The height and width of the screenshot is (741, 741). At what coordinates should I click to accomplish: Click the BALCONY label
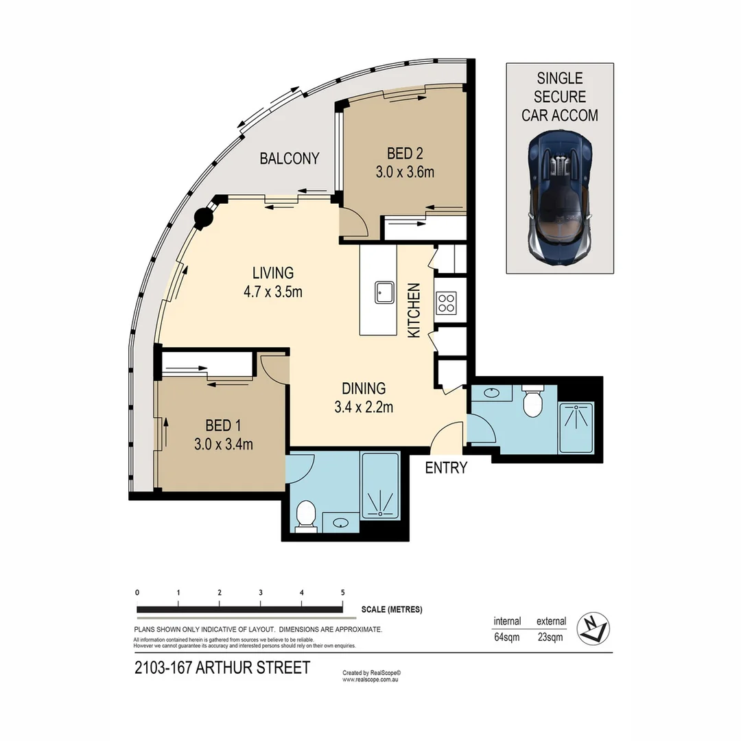(289, 158)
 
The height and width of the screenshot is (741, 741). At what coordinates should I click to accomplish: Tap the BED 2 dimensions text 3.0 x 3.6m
(405, 172)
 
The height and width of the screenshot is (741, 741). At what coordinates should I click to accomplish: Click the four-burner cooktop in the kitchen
(446, 303)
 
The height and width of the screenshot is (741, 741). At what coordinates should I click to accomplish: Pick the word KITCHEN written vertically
(414, 309)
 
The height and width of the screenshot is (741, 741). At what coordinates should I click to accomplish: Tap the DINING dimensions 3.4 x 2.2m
(363, 407)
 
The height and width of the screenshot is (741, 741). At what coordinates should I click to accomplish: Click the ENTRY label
(446, 468)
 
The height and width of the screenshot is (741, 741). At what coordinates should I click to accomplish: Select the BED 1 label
(224, 425)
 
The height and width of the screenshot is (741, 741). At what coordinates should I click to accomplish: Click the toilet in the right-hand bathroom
(533, 403)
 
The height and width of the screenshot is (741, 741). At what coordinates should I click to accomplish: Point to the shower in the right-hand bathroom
(576, 427)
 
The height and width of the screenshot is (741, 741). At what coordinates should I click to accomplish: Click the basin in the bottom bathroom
(340, 524)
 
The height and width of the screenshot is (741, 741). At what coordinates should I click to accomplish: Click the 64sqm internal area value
(506, 636)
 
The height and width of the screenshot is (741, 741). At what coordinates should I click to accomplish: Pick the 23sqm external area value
(550, 636)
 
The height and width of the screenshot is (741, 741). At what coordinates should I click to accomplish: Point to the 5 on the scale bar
(342, 592)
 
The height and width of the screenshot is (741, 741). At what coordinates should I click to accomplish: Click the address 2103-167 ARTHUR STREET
(222, 668)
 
